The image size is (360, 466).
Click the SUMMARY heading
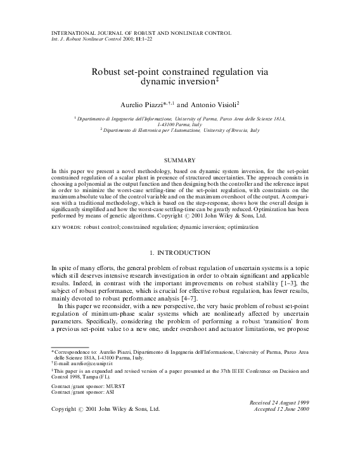point(179,162)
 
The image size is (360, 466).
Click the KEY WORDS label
point(65,226)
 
